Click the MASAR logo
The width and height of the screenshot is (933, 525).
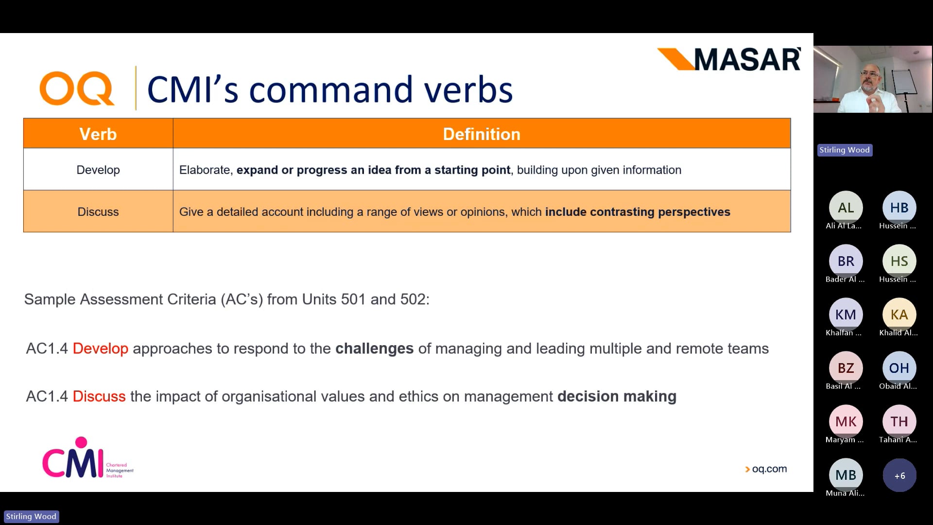point(729,59)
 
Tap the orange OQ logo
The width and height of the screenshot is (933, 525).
point(77,88)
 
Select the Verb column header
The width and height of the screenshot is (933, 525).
point(98,134)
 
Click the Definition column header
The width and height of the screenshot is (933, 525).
point(481,134)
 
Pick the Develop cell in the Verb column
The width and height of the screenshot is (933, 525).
point(98,170)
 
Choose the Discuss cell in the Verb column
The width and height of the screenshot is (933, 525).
point(98,211)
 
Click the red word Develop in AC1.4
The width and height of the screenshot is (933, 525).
point(100,349)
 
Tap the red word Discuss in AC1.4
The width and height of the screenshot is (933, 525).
point(99,396)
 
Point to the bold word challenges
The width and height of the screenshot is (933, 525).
point(374,349)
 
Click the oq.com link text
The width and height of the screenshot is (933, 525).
point(769,469)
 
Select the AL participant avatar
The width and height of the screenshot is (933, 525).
point(846,208)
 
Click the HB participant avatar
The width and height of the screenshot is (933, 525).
point(899,208)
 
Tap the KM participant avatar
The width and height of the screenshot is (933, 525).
point(846,315)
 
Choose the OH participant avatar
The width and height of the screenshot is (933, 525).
point(899,368)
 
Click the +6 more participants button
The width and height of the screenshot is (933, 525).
point(899,475)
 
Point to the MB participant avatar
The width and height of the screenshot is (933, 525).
point(846,475)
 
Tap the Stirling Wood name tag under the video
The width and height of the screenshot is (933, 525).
point(845,150)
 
